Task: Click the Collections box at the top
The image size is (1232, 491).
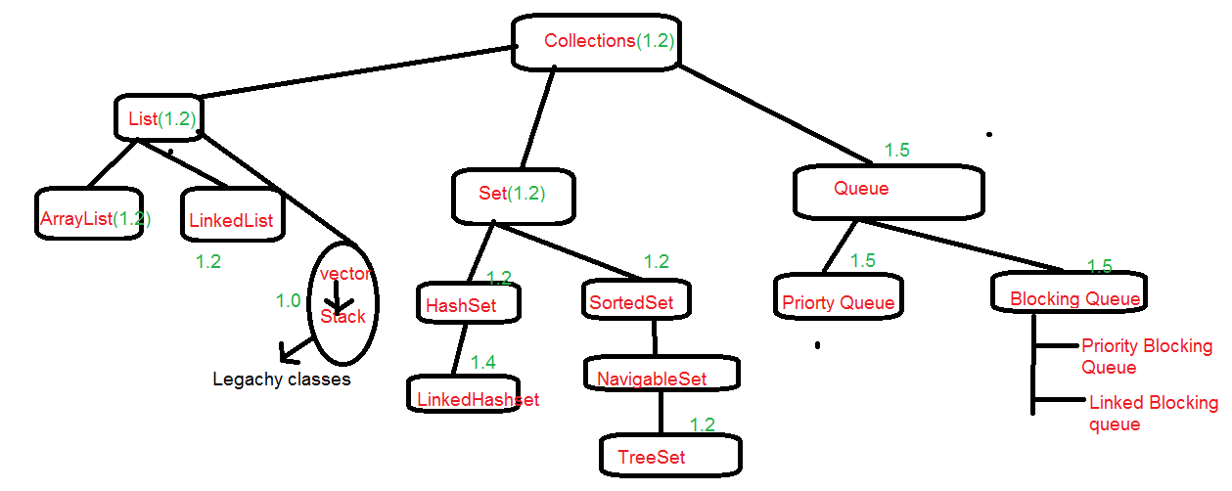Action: pyautogui.click(x=597, y=42)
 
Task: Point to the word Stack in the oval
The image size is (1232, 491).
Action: pyautogui.click(x=342, y=316)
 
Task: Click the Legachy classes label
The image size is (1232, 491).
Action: pyautogui.click(x=281, y=379)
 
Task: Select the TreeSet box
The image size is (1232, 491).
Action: pyautogui.click(x=670, y=455)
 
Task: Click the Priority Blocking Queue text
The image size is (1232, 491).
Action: pyautogui.click(x=1146, y=356)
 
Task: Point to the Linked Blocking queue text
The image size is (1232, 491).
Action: pyautogui.click(x=1152, y=413)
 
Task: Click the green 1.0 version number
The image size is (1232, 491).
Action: pyautogui.click(x=288, y=300)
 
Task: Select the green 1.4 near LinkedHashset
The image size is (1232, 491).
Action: pyautogui.click(x=482, y=362)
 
